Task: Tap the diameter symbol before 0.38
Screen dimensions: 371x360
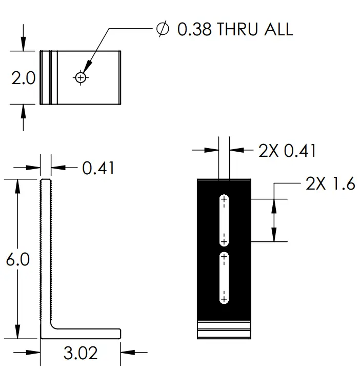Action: (162, 29)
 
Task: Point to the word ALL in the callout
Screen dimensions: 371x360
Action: (277, 29)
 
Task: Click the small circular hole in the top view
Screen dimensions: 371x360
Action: (81, 77)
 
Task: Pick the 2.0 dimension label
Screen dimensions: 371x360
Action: (23, 78)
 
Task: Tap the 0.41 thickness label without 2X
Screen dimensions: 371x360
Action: (98, 168)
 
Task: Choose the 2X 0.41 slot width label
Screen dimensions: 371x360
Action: (287, 151)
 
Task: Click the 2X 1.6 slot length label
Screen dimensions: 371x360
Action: (330, 183)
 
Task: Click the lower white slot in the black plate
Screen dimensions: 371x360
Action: (224, 277)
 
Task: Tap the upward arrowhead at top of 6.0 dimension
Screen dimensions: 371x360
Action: (18, 184)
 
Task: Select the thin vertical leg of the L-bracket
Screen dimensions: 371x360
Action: (46, 251)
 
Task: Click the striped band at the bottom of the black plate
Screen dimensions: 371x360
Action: (224, 329)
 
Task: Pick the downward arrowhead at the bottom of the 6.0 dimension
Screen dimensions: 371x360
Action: (18, 333)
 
